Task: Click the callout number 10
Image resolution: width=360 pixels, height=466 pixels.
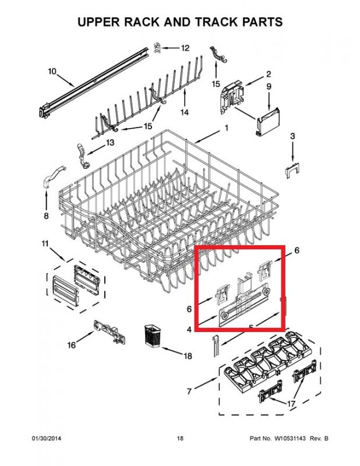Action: pyautogui.click(x=52, y=72)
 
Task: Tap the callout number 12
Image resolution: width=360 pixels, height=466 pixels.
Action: pyautogui.click(x=185, y=48)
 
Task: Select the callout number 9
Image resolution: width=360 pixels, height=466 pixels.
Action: pyautogui.click(x=269, y=86)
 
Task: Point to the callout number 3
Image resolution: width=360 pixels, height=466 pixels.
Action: pyautogui.click(x=292, y=136)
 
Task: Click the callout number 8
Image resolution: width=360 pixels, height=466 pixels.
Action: pyautogui.click(x=46, y=216)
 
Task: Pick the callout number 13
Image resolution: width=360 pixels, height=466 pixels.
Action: pyautogui.click(x=110, y=142)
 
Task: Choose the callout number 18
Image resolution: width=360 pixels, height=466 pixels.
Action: pyautogui.click(x=188, y=356)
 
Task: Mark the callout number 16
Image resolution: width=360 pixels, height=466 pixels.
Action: pyautogui.click(x=71, y=345)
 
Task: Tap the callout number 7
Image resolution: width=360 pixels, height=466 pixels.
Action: pyautogui.click(x=189, y=391)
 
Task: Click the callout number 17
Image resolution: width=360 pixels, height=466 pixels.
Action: pyautogui.click(x=291, y=404)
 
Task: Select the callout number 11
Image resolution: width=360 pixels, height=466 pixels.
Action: pyautogui.click(x=45, y=243)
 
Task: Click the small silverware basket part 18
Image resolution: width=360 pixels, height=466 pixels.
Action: pyautogui.click(x=152, y=336)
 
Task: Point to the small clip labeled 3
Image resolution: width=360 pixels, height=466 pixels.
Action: pyautogui.click(x=292, y=171)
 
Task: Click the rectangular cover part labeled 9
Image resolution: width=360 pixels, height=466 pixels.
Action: pyautogui.click(x=268, y=122)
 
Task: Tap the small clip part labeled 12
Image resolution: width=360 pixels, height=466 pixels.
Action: pyautogui.click(x=157, y=48)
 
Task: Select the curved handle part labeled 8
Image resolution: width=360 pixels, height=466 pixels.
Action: pyautogui.click(x=54, y=177)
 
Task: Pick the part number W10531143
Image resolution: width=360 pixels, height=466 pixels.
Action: pyautogui.click(x=291, y=439)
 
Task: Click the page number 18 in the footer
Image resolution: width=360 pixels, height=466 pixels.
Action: pyautogui.click(x=180, y=439)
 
